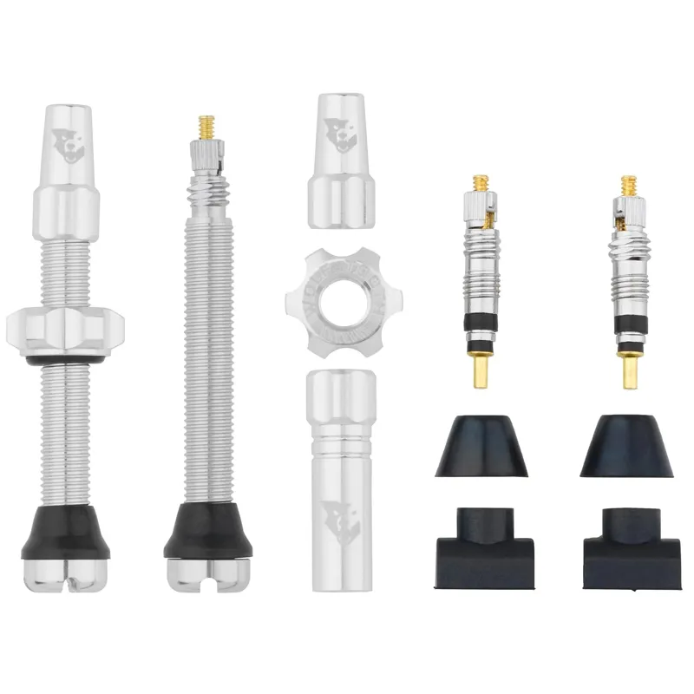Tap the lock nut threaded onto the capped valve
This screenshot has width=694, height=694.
[65, 326]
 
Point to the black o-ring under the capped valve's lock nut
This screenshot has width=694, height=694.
[65, 358]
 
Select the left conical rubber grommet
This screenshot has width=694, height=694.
[480, 446]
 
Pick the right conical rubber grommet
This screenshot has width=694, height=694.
[629, 446]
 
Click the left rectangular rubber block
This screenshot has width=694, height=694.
[480, 542]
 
